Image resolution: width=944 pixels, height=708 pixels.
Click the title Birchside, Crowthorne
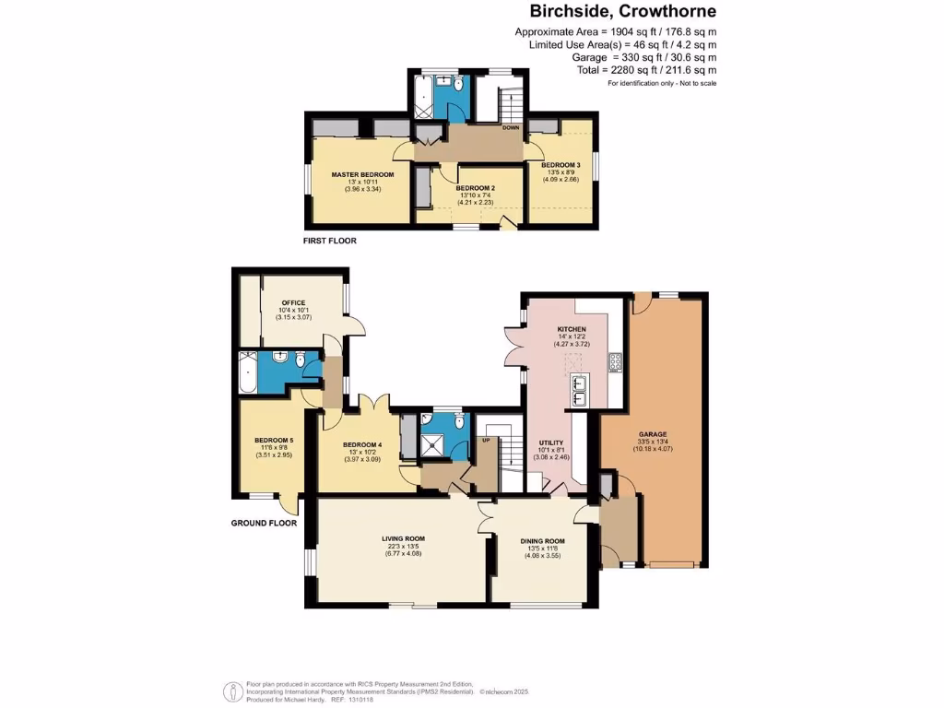(x=622, y=12)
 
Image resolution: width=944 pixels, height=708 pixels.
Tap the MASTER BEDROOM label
(x=363, y=174)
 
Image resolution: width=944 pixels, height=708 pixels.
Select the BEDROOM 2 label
(x=476, y=187)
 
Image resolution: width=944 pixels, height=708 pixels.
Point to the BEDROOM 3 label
(x=560, y=164)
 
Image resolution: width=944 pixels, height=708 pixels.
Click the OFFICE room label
(x=294, y=301)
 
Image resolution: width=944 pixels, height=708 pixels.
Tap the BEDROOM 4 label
(x=361, y=443)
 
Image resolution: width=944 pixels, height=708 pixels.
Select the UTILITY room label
(x=551, y=442)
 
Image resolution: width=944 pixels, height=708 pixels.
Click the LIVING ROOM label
(x=403, y=537)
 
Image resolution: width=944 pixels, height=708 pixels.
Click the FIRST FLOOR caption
(x=329, y=241)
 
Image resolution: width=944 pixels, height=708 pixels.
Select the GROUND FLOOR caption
(x=264, y=523)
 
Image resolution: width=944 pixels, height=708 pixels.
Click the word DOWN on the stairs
(x=510, y=128)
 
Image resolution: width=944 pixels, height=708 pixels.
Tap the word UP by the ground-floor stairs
(x=487, y=440)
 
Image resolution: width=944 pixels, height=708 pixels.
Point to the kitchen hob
(x=615, y=362)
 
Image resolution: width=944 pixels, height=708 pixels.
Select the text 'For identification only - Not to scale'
(x=661, y=84)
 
